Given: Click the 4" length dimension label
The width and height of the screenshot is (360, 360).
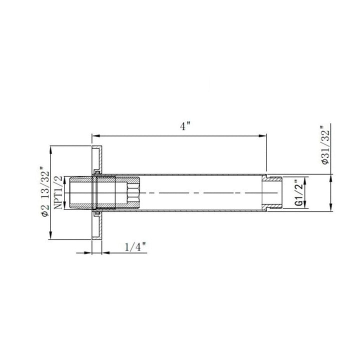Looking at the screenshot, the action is (x=185, y=126).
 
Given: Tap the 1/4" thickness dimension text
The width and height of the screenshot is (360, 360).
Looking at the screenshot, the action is (x=135, y=247).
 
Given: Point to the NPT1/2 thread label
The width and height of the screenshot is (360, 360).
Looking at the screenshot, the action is (x=58, y=192).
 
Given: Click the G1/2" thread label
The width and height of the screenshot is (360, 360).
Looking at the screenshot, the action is (x=298, y=192).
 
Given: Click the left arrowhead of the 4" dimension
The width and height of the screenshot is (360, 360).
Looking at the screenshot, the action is (x=96, y=135).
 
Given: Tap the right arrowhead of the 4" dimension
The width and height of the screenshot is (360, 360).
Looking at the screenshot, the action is (x=262, y=135).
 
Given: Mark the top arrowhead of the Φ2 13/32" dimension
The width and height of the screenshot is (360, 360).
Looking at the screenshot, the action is (x=50, y=150).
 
